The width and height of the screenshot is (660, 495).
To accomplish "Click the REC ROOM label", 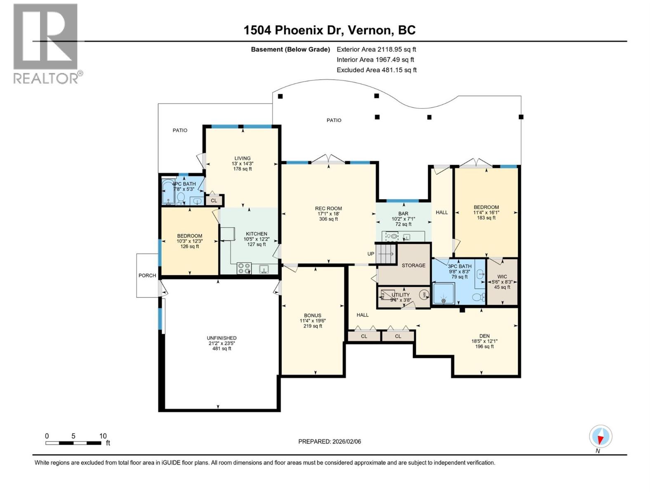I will [328, 208].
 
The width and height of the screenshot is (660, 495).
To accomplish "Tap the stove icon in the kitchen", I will [244, 269].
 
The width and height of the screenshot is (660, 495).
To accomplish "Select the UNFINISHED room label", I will [222, 338].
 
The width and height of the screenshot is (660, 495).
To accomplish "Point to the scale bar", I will [73, 443].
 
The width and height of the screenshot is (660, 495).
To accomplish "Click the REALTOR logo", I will [46, 43].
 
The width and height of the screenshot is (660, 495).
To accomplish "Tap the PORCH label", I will [147, 276].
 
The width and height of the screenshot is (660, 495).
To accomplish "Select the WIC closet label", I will [502, 277].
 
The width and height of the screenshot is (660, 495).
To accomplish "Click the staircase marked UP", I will [387, 254].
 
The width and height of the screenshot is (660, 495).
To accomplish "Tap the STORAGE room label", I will [413, 265].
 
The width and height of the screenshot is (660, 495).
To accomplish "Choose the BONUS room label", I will [313, 315].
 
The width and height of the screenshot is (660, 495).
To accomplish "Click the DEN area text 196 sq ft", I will [484, 346].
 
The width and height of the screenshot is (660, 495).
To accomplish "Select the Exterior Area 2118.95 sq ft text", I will [376, 49].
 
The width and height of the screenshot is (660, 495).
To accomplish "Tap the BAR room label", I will [403, 214].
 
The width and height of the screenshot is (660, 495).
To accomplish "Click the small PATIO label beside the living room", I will [180, 130].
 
